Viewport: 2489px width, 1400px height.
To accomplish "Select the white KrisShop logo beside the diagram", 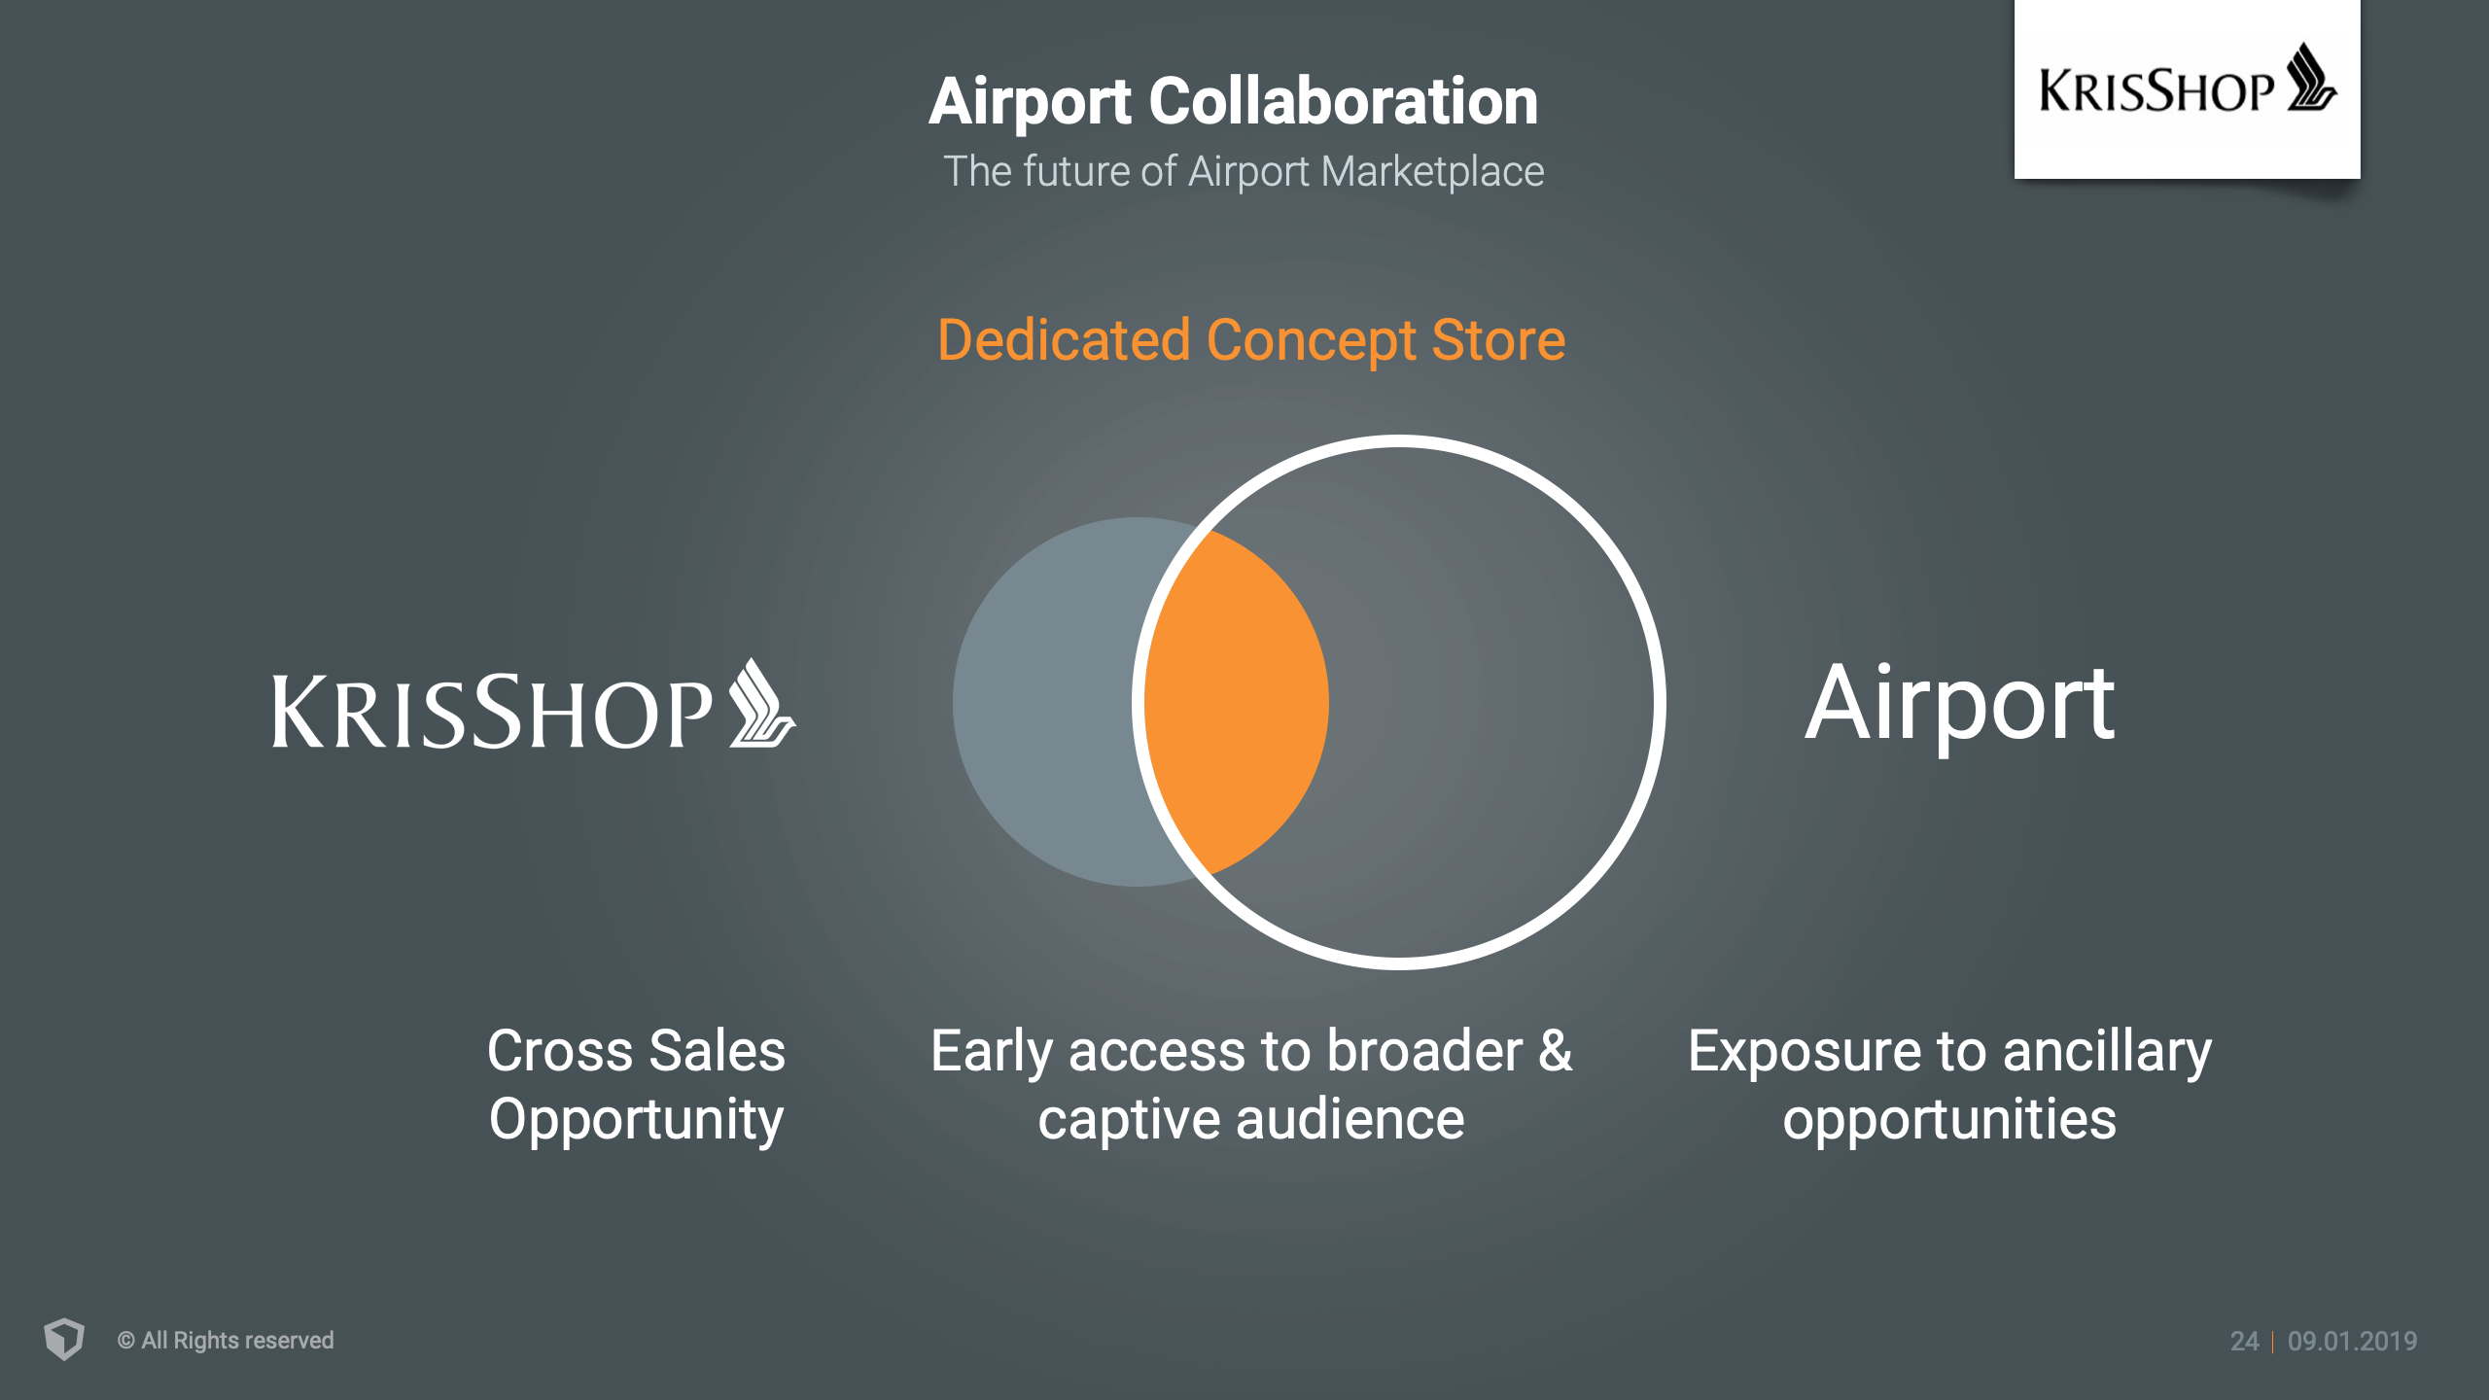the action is (x=534, y=705).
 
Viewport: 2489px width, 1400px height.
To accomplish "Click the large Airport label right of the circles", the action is (x=1959, y=705).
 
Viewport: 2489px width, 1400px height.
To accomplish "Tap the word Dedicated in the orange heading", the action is (x=1064, y=340).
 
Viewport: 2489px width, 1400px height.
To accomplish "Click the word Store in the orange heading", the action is (x=1498, y=340).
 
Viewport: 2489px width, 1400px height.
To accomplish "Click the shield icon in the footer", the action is (x=64, y=1339).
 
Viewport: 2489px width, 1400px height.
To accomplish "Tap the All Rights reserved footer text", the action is (x=226, y=1341).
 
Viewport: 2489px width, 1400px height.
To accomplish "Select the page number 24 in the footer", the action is (x=2244, y=1342).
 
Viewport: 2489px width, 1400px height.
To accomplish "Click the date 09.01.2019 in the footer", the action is (x=2352, y=1342).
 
